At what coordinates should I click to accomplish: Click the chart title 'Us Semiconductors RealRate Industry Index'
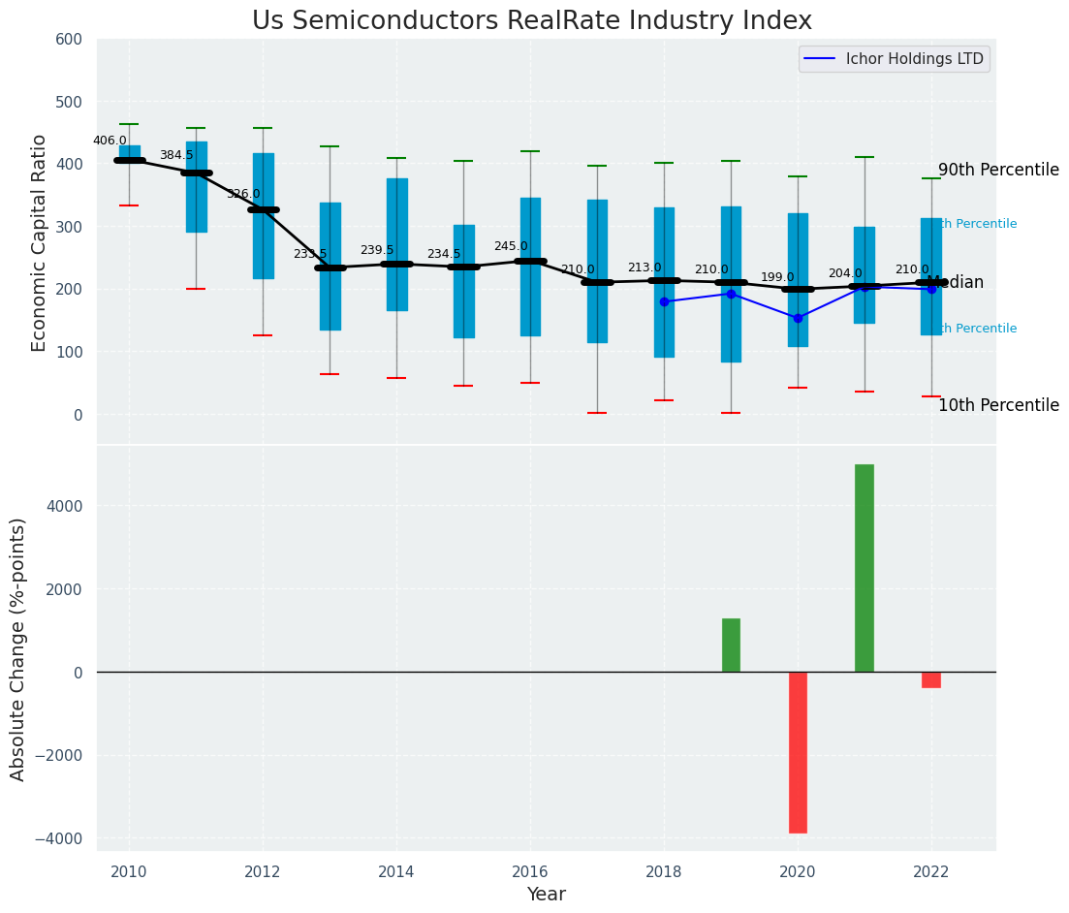point(532,21)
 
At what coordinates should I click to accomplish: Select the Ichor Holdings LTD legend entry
point(895,59)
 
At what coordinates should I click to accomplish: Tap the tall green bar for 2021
point(864,568)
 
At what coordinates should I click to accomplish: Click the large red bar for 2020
point(798,752)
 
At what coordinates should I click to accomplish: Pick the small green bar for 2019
point(731,645)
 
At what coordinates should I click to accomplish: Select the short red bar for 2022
point(931,679)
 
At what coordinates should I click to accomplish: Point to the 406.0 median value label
point(110,141)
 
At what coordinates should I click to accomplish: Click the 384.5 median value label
point(176,155)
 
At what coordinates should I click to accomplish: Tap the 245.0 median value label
point(511,247)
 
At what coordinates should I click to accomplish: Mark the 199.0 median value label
point(777,277)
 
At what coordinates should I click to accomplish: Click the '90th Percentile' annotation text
point(998,170)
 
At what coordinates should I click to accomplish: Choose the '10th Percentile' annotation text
point(998,405)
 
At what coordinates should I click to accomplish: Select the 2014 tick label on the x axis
point(396,872)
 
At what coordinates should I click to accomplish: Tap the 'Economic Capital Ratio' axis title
point(40,242)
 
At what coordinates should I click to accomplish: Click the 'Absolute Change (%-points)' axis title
point(18,648)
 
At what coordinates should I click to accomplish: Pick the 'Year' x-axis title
point(547,895)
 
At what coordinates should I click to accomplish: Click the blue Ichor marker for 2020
point(798,318)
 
